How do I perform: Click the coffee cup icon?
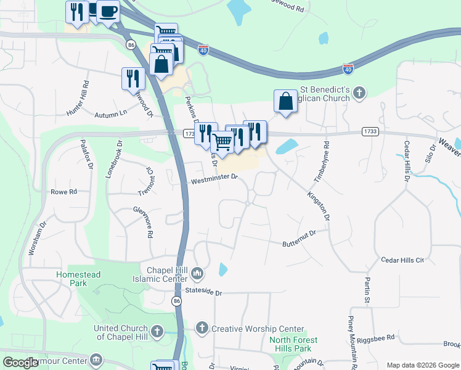click(x=108, y=10)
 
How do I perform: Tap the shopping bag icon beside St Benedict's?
click(x=286, y=101)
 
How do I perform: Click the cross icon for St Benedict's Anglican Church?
click(x=360, y=93)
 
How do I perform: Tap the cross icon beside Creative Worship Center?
click(x=202, y=329)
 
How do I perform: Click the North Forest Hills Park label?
click(x=294, y=344)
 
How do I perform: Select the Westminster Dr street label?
click(x=214, y=178)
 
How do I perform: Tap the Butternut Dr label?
click(x=299, y=234)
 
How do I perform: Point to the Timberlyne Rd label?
click(x=321, y=162)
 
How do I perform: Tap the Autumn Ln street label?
click(x=110, y=113)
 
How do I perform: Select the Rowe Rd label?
click(x=63, y=192)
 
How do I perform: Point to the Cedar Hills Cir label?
click(x=403, y=260)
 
